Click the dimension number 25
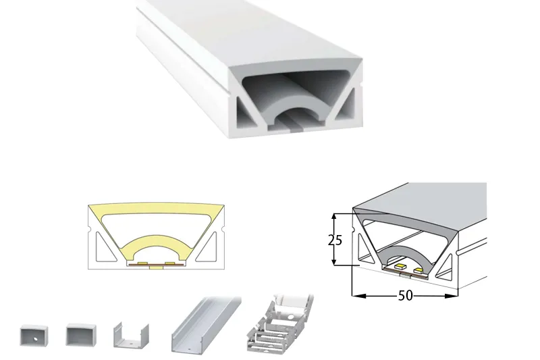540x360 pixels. tap(335, 240)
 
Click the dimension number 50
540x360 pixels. tap(405, 296)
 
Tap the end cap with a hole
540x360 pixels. tap(34, 335)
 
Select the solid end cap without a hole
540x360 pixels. tap(81, 334)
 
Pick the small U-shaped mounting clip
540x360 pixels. tap(131, 336)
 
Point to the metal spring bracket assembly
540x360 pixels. tap(279, 322)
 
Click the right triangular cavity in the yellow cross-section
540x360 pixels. tap(208, 247)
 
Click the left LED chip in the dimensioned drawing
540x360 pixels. tap(400, 267)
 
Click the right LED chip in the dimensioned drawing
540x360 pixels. tap(418, 270)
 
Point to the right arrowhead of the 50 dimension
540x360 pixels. tap(451, 296)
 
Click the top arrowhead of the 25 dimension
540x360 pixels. tap(333, 217)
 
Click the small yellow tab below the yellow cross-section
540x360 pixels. tap(157, 267)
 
